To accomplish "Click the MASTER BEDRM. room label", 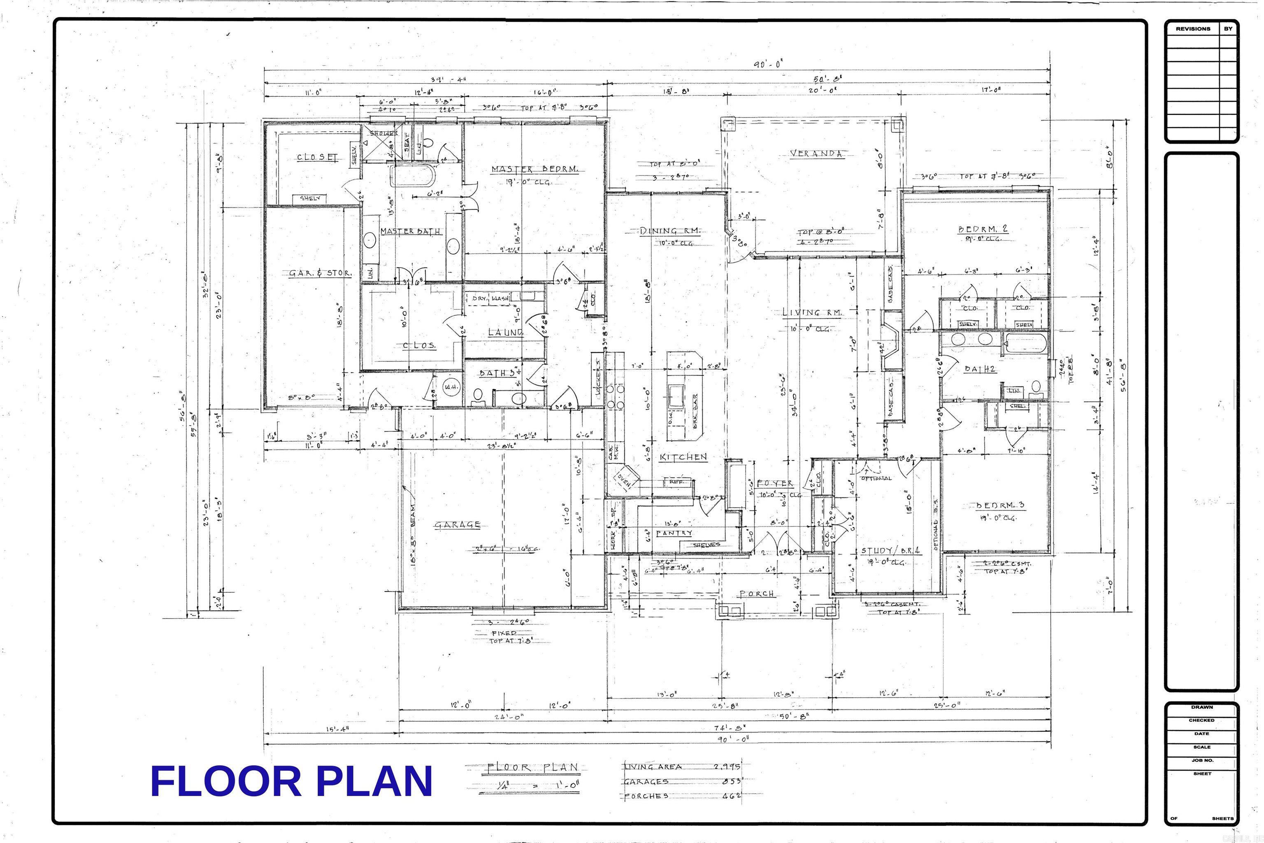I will click(535, 169).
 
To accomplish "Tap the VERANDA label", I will click(816, 153).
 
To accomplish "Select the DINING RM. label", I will click(670, 231).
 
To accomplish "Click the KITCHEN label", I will click(683, 457).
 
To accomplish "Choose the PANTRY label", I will click(674, 533).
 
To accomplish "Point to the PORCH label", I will click(757, 594).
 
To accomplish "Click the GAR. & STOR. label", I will click(320, 273).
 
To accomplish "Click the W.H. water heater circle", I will click(449, 387).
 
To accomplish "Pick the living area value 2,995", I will click(727, 767).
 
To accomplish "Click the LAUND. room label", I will click(505, 333).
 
